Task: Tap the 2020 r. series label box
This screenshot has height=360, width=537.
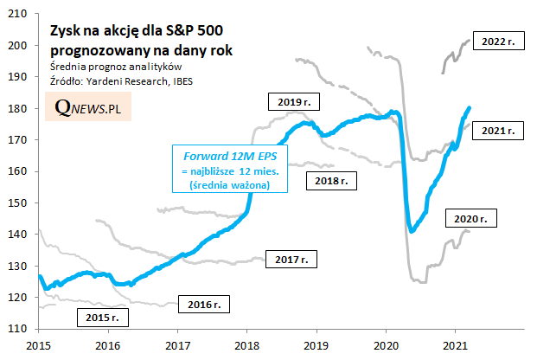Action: [472, 218]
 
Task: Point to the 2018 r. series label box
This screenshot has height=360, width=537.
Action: [330, 181]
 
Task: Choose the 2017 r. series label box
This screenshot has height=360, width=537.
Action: [291, 258]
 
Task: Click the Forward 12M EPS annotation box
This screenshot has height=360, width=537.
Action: [229, 170]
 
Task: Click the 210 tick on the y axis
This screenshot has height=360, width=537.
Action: [20, 16]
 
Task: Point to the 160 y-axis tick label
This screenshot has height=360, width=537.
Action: [20, 171]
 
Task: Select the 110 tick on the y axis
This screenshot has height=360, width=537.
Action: [20, 328]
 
